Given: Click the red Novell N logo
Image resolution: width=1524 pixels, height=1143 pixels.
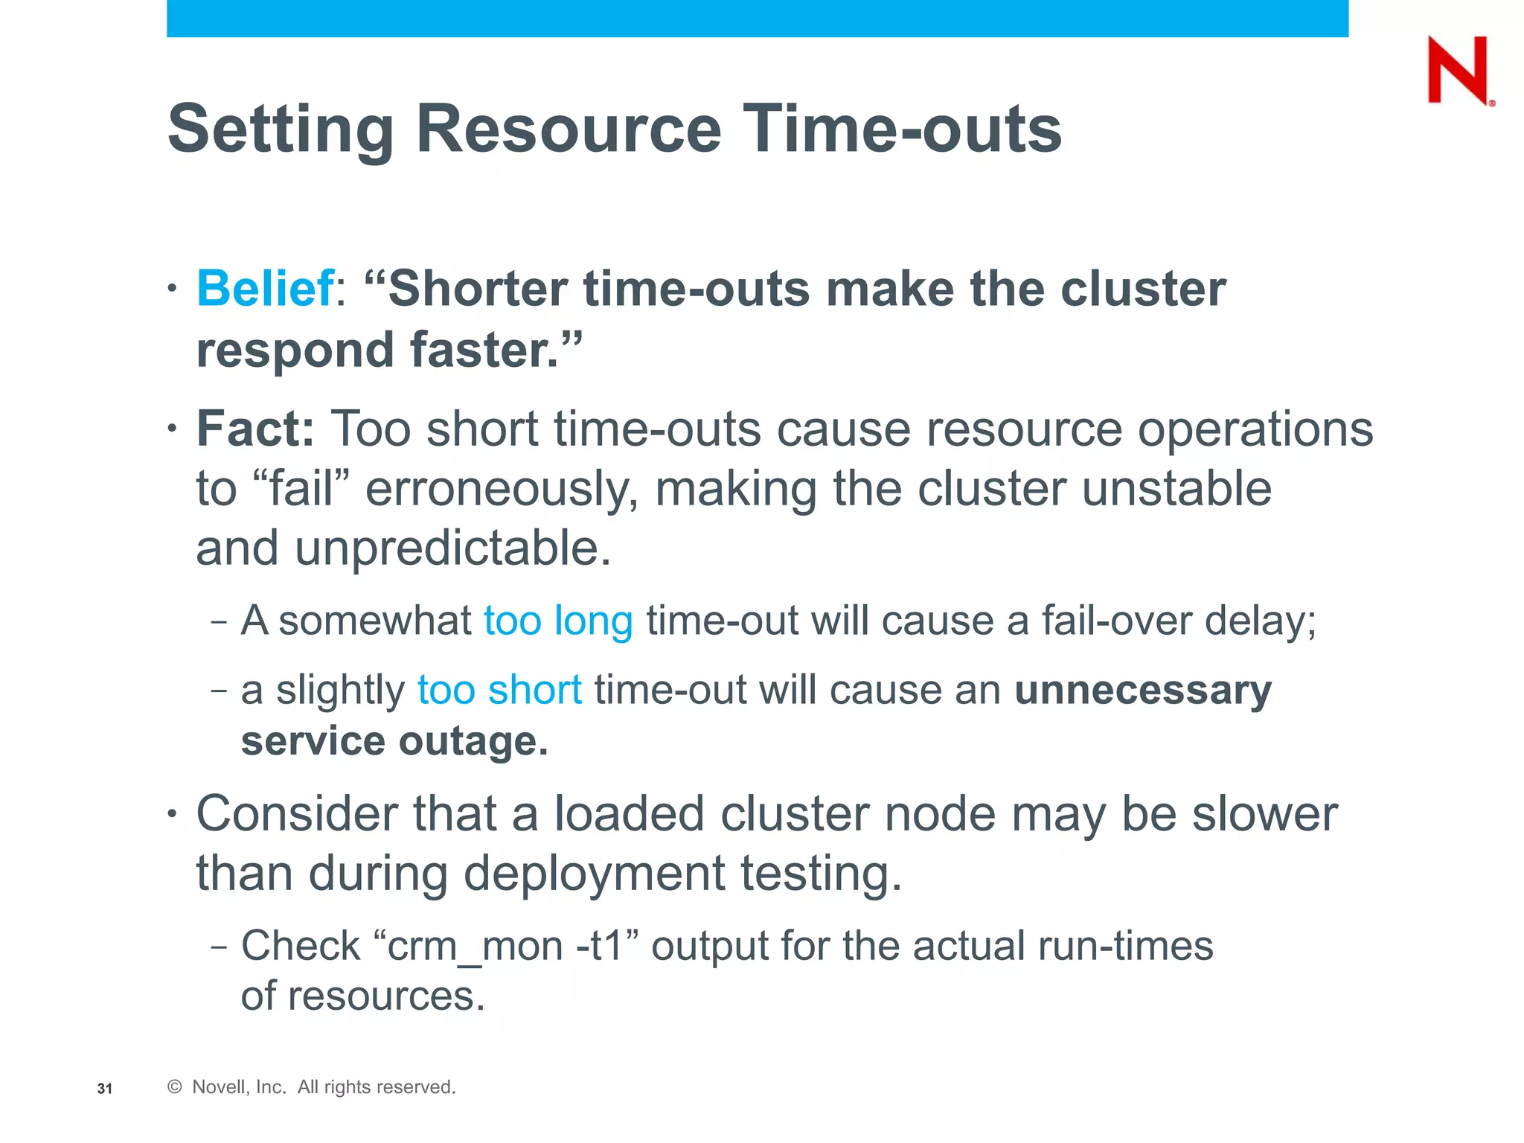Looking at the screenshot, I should coord(1459,70).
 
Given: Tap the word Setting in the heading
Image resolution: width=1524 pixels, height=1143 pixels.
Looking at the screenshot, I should coord(281,129).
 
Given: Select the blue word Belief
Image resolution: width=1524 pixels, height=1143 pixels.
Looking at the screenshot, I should coord(264,289).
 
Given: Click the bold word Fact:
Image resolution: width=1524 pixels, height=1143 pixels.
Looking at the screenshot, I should coord(255,429).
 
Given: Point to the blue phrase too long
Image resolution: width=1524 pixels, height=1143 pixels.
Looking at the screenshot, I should coord(558,621).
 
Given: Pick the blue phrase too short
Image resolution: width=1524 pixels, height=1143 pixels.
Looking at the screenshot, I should coord(499,690).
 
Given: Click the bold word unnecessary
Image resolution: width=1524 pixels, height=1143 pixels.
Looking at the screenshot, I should coord(1142,690).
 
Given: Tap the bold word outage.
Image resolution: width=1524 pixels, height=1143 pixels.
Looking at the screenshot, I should coord(473,741).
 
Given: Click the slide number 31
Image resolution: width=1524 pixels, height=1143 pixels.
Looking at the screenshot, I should coord(105,1089).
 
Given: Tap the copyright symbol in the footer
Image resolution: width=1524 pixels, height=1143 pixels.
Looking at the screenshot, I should coord(175,1087).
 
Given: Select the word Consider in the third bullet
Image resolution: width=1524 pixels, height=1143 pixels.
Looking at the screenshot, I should coord(296,814).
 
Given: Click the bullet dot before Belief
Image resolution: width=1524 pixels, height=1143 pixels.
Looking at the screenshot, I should coord(172,289).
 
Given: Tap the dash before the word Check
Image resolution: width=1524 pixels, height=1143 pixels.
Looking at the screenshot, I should coord(219,947).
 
